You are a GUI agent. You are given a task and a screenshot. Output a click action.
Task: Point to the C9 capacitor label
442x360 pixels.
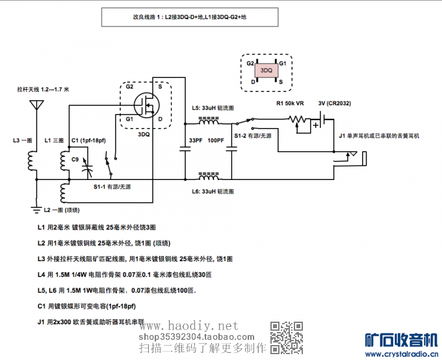[x=75, y=159]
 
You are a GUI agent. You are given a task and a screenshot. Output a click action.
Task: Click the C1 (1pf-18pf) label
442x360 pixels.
[x=88, y=141]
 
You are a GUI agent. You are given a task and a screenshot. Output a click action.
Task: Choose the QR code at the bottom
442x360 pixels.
[x=286, y=337]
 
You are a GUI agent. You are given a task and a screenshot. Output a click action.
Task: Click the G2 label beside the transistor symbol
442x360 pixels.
[x=129, y=86]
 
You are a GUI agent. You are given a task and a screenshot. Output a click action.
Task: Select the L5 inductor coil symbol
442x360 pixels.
[x=208, y=120]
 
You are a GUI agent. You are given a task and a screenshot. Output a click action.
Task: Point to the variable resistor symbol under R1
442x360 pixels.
[x=300, y=120]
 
